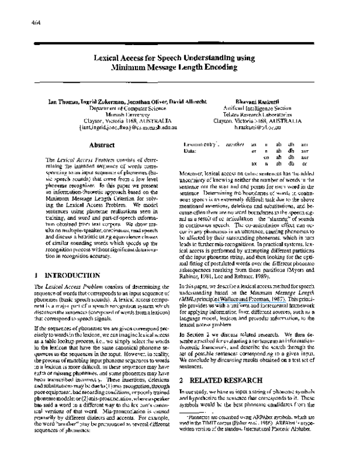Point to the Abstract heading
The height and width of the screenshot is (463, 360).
(x=102, y=145)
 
